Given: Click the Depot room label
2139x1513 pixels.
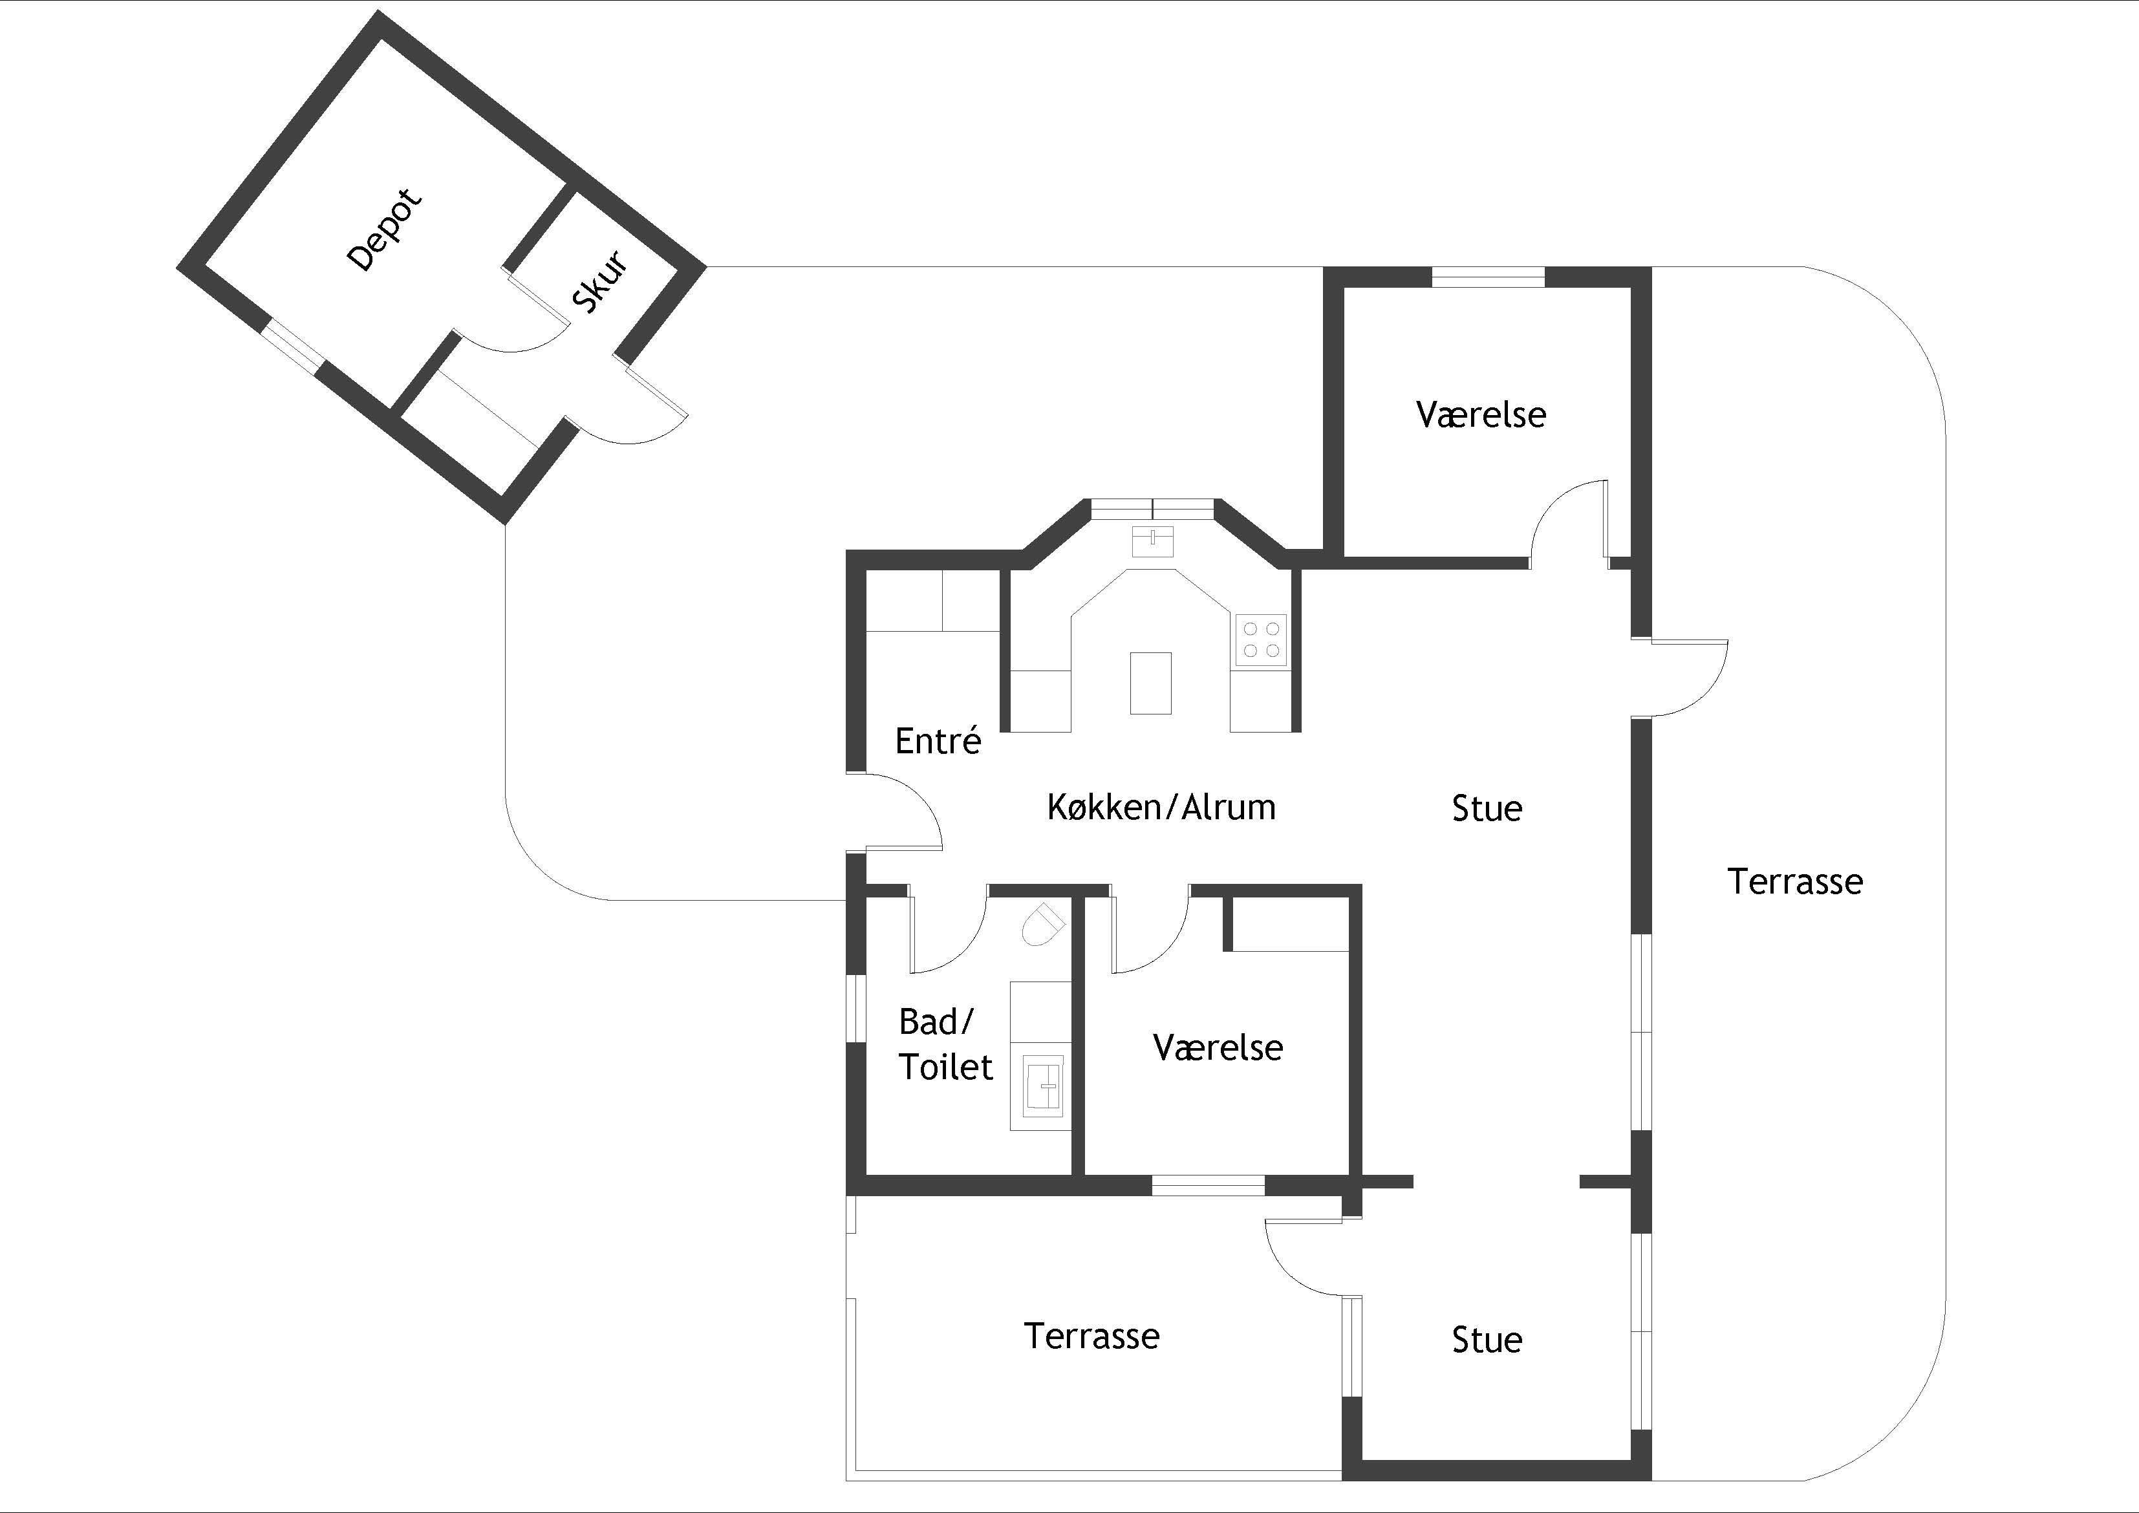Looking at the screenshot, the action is (x=384, y=230).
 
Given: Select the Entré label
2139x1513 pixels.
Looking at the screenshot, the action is (x=938, y=741).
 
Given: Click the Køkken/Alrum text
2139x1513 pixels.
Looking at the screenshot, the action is (x=1161, y=807).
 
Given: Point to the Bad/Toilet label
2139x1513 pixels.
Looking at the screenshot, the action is (x=945, y=1044).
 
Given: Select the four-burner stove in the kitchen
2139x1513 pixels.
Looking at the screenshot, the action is (x=1262, y=640).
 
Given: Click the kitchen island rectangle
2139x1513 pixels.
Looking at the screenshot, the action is (x=1150, y=683).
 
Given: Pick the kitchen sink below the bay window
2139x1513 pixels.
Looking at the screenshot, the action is (x=1154, y=541).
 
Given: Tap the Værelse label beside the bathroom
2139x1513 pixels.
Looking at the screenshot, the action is (x=1218, y=1047).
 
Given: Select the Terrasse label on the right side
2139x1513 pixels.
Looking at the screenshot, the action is (x=1795, y=881).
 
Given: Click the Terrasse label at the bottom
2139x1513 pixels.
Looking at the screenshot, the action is (x=1092, y=1336).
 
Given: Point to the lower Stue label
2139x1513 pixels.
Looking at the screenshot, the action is (x=1487, y=1340).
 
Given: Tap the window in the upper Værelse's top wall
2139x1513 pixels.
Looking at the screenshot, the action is (x=1488, y=277).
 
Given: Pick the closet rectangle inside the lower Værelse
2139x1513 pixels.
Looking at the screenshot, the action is (x=1287, y=923).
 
